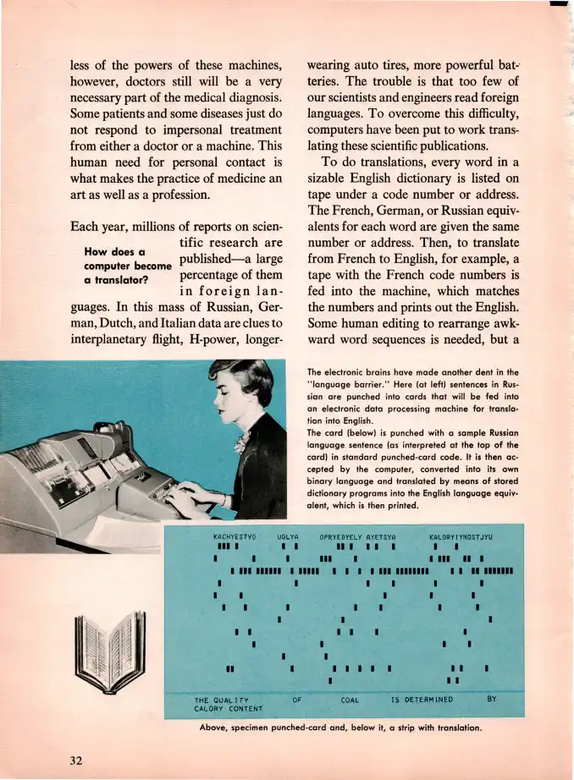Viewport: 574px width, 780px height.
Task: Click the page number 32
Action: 75,759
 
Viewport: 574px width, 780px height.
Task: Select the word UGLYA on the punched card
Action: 289,536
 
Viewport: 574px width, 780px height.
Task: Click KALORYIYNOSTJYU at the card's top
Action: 461,536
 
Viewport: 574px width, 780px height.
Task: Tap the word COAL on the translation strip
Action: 350,700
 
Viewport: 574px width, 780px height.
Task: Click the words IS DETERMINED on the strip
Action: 422,700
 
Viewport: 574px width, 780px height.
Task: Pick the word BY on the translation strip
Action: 492,699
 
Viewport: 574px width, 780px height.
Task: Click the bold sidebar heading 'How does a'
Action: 117,251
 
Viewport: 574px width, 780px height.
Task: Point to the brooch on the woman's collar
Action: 241,442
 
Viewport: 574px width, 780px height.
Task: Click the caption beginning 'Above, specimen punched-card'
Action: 341,728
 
